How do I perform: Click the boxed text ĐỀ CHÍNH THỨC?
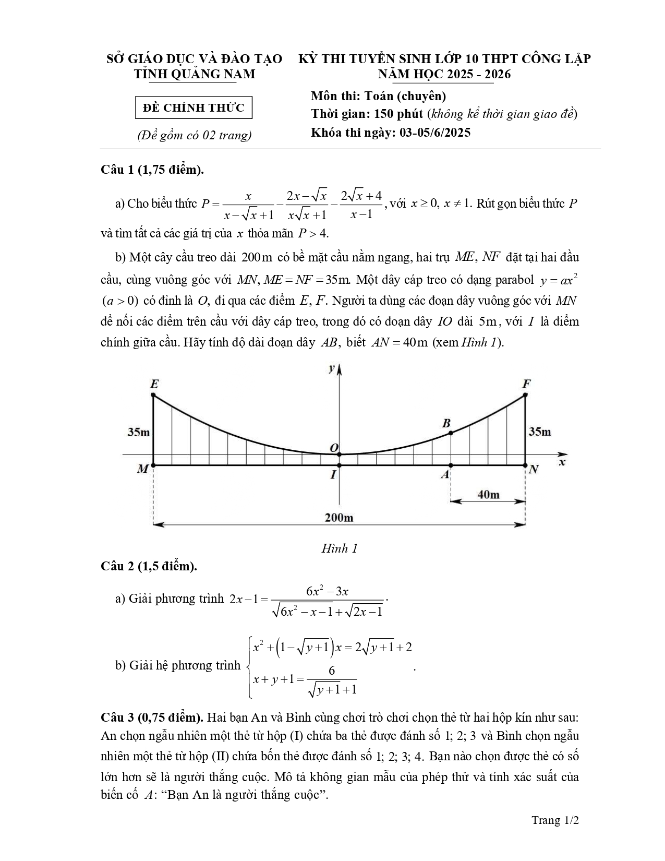194,108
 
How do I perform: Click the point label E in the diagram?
154,385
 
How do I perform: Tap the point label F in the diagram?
526,385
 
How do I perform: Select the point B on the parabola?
451,433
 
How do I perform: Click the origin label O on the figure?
334,448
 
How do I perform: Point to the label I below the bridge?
333,475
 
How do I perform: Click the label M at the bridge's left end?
142,469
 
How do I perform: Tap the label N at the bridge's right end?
534,469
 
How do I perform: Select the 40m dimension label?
488,494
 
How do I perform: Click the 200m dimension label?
339,517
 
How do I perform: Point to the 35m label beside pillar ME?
139,432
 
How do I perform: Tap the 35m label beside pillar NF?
540,432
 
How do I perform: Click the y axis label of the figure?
331,368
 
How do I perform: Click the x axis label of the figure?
562,462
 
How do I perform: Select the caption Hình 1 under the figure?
339,548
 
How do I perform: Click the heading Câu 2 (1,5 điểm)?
149,566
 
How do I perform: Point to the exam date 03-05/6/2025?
435,133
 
